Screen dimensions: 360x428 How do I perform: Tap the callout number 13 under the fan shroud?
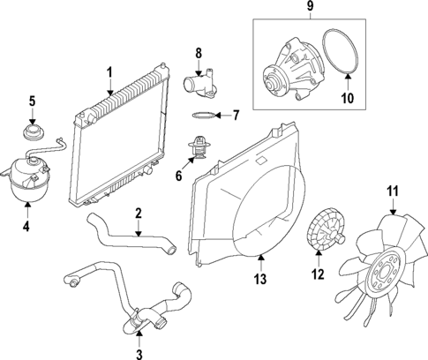(259, 281)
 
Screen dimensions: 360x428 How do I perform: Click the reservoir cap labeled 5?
(33, 135)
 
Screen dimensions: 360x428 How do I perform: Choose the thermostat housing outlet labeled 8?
(194, 86)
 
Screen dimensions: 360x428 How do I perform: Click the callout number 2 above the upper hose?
(139, 213)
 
